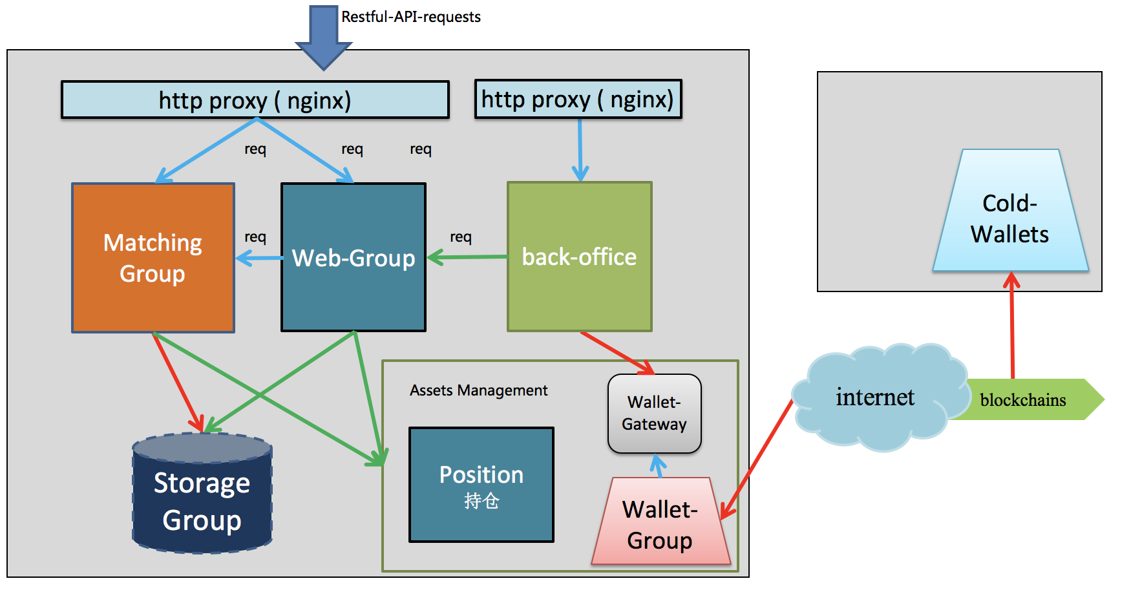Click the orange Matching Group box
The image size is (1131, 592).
pos(153,258)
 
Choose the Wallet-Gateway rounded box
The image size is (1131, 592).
pos(655,414)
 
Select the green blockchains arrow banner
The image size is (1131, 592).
pos(1028,400)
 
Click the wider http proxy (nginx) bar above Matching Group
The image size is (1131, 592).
pos(255,100)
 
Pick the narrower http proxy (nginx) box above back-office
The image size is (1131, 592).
pos(578,100)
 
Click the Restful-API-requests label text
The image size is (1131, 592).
pos(411,17)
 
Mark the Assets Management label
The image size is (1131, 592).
pos(478,390)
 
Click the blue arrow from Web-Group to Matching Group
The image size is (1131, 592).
pos(259,259)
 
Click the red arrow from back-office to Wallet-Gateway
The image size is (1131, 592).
pos(617,353)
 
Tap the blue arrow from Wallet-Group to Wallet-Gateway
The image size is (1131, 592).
pos(659,466)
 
